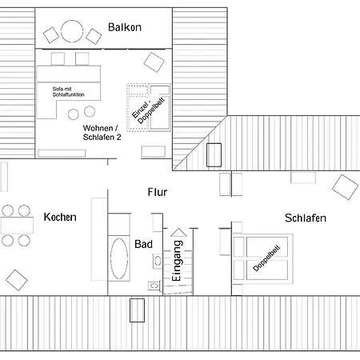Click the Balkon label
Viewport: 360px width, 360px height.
pyautogui.click(x=125, y=27)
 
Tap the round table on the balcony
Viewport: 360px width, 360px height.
pyautogui.click(x=72, y=31)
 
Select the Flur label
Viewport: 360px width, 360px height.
pyautogui.click(x=158, y=192)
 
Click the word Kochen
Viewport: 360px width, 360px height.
pyautogui.click(x=60, y=217)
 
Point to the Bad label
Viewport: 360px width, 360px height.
pyautogui.click(x=143, y=244)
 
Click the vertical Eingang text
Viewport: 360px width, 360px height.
pyautogui.click(x=177, y=261)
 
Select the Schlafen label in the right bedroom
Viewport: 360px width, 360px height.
pyautogui.click(x=306, y=218)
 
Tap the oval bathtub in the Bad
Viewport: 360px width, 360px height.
pyautogui.click(x=119, y=258)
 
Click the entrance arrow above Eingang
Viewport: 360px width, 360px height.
pyautogui.click(x=178, y=233)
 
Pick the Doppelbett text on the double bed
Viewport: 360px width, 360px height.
pyautogui.click(x=266, y=258)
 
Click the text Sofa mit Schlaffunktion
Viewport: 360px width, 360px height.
pyautogui.click(x=68, y=92)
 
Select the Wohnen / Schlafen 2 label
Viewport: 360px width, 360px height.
pyautogui.click(x=102, y=133)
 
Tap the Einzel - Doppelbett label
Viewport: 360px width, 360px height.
pyautogui.click(x=148, y=110)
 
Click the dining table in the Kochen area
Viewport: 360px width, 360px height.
pyautogui.click(x=17, y=226)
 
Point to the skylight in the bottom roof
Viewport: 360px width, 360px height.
pyautogui.click(x=137, y=310)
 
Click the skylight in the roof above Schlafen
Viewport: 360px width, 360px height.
pyautogui.click(x=214, y=155)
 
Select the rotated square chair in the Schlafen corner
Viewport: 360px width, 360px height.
pyautogui.click(x=345, y=187)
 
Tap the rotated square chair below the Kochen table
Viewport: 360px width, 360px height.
pyautogui.click(x=17, y=280)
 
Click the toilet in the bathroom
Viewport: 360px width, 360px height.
pyautogui.click(x=154, y=286)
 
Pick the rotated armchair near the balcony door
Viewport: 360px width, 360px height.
pyautogui.click(x=154, y=62)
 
